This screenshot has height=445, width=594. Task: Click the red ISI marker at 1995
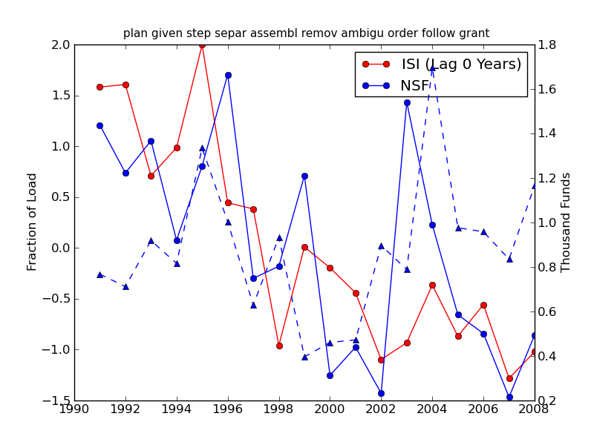(202, 44)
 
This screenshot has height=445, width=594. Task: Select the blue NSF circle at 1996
(228, 75)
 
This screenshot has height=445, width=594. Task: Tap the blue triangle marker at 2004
(432, 68)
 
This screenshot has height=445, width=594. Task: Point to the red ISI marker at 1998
(279, 346)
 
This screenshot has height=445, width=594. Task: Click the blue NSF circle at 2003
(407, 102)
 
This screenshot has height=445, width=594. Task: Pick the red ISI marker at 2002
(381, 360)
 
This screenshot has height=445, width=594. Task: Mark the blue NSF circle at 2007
(509, 397)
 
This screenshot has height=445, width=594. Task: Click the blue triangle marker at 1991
(99, 274)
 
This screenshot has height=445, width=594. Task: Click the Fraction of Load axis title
(32, 222)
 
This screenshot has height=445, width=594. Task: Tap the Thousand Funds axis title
(567, 222)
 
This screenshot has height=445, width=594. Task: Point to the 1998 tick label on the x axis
(279, 409)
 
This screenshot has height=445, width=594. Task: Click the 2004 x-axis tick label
(432, 409)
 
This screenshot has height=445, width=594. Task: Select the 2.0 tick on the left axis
(61, 44)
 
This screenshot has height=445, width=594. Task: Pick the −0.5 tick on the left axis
(57, 299)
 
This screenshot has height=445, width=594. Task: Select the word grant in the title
(475, 33)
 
